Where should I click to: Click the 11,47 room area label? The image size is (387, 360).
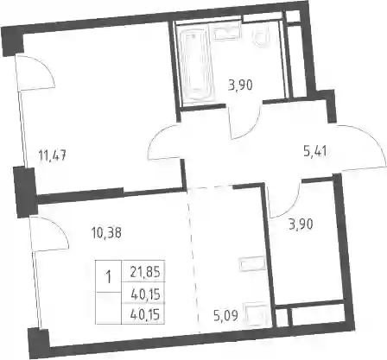[53, 156]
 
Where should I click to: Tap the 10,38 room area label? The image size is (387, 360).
[106, 232]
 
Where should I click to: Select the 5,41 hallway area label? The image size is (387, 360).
[315, 151]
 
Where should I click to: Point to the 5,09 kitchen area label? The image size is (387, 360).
[227, 316]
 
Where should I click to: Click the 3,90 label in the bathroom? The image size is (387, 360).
[240, 85]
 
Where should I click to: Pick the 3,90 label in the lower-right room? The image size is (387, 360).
[301, 224]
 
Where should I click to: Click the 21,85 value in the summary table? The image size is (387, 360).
[145, 272]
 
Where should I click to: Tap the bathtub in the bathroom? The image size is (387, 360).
[196, 66]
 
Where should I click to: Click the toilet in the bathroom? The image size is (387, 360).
[262, 38]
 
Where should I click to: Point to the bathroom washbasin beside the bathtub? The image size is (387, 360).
[226, 33]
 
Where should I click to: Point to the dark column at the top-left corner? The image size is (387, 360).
[13, 41]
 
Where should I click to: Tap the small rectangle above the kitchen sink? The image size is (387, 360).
[252, 263]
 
